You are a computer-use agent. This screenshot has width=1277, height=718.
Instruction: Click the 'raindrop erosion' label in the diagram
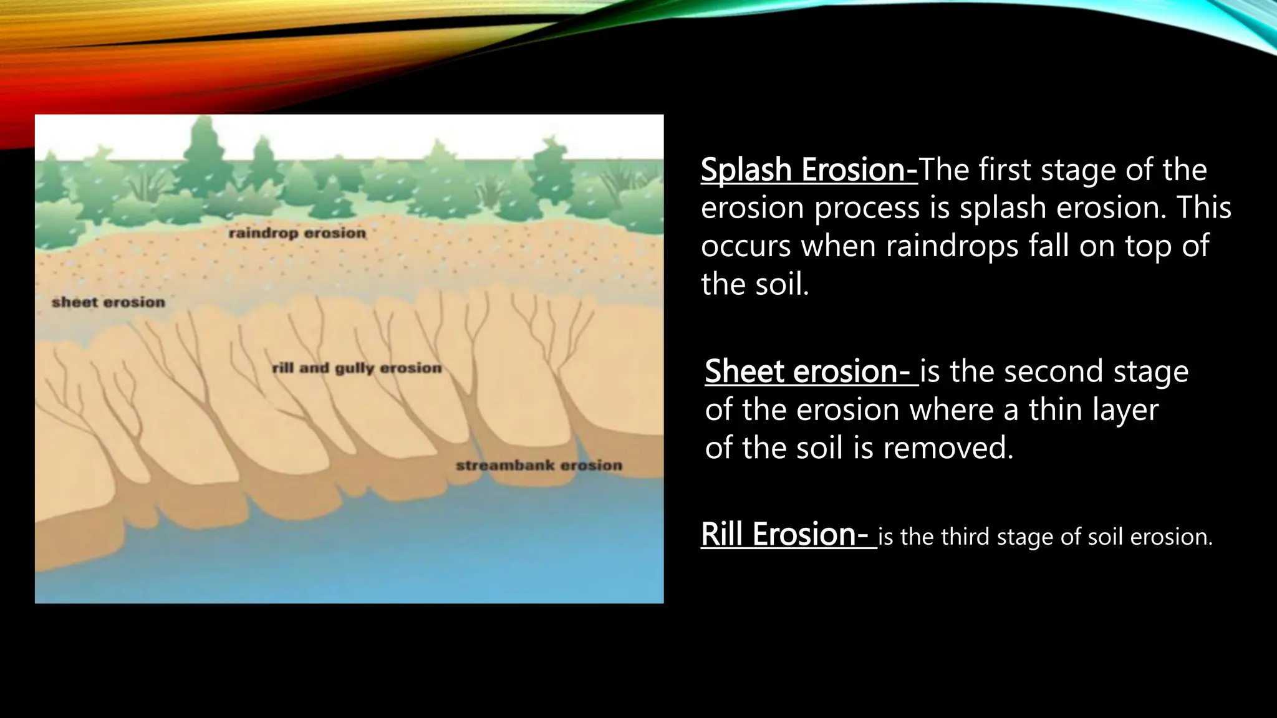[x=297, y=233]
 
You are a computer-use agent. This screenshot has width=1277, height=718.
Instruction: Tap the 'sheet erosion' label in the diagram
[x=108, y=302]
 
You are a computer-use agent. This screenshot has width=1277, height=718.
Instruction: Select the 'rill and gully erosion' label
[x=357, y=368]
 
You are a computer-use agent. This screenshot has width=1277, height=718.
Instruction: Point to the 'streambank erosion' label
[x=539, y=466]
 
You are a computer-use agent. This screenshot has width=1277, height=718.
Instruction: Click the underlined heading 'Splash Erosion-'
[x=809, y=170]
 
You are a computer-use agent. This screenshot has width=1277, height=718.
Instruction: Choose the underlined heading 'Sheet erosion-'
[x=811, y=371]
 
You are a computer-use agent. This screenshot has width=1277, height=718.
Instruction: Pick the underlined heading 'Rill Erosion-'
[x=788, y=535]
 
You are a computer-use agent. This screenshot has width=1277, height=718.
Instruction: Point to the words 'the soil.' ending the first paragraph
[x=754, y=285]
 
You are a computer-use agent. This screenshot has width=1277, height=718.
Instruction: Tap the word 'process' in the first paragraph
[x=867, y=208]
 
